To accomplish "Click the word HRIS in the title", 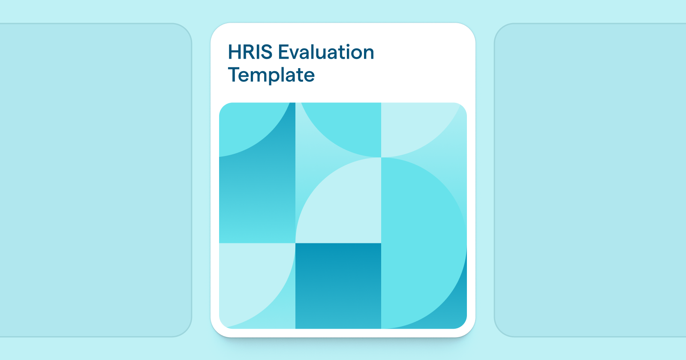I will [250, 52].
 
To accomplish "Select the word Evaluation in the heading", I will [326, 52].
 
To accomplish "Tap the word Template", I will [271, 75].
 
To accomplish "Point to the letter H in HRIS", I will [235, 52].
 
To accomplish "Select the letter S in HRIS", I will [266, 52].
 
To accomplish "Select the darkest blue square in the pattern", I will [338, 285].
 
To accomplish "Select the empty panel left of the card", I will [94, 180].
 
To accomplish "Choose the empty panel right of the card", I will [592, 180].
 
